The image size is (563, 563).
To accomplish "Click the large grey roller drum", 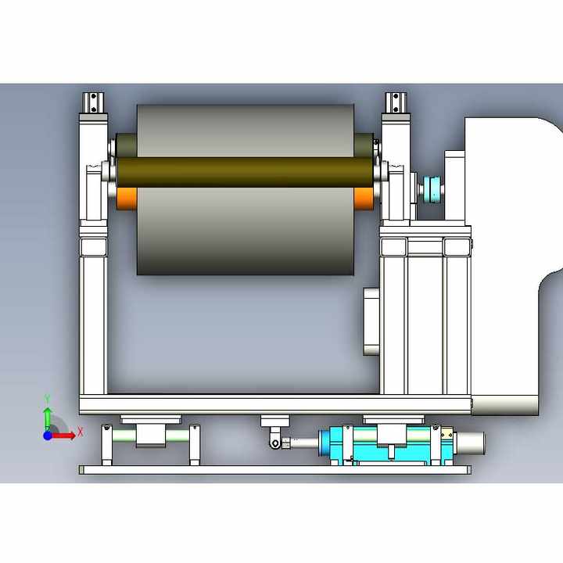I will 246,235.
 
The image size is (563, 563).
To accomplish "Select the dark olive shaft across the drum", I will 246,171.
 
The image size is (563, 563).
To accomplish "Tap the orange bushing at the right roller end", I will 363,198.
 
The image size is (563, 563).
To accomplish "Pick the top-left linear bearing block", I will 95,102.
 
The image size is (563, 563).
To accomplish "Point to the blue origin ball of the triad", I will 48,436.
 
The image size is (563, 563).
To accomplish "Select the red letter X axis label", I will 80,432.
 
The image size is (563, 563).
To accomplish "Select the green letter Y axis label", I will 48,398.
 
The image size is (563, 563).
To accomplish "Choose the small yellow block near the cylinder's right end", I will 447,434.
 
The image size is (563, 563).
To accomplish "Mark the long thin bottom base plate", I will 274,470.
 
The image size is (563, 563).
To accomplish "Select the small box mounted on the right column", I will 372,321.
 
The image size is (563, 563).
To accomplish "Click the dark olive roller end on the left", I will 126,146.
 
